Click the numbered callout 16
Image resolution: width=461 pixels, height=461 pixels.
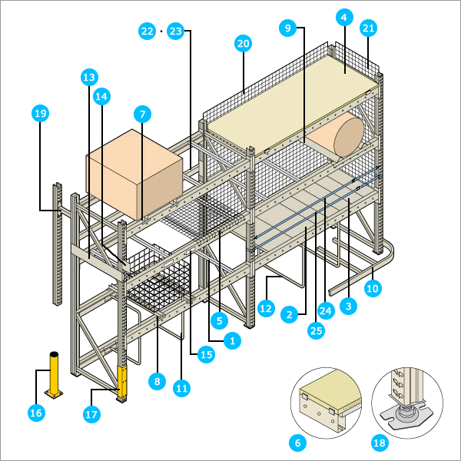tap(36, 413)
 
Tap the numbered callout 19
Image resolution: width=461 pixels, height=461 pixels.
tap(41, 114)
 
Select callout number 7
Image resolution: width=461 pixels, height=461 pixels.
tap(141, 114)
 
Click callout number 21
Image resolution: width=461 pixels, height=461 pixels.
tap(368, 28)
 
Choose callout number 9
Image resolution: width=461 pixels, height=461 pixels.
tap(288, 28)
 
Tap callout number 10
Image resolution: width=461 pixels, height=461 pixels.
tap(373, 289)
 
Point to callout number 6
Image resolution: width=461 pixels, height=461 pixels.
tap(297, 443)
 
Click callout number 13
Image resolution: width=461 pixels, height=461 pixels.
tap(89, 77)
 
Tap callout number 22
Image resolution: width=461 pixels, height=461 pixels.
tap(147, 32)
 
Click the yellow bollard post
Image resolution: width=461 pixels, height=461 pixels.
tap(55, 375)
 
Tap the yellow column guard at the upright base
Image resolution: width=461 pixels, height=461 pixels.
tap(121, 384)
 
